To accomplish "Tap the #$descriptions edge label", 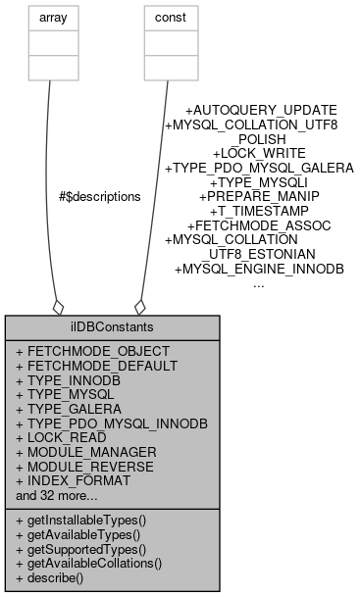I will [100, 196].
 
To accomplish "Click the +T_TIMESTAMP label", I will [259, 211].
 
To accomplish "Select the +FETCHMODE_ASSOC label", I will [259, 225].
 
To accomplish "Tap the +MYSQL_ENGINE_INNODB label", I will [259, 269].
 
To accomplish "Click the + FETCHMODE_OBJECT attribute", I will [86, 350].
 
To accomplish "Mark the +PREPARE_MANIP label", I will [259, 197].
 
